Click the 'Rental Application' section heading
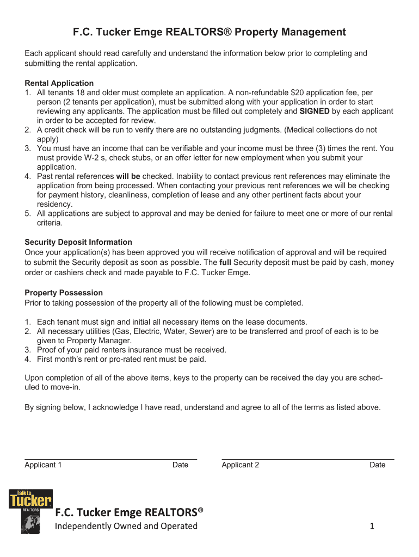point(59,83)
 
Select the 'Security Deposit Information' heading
point(78,242)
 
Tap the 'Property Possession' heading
point(64,293)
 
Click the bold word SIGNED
point(315,111)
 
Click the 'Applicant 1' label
point(43,465)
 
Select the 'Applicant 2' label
point(240,465)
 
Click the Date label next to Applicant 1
point(180,465)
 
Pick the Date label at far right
point(377,465)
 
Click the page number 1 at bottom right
point(372,526)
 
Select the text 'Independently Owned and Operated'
point(126,526)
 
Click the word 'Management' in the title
point(313,32)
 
